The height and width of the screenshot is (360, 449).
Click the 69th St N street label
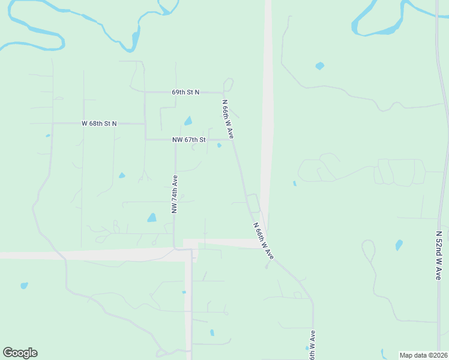click(x=185, y=92)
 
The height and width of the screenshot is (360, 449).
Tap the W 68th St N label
click(x=99, y=123)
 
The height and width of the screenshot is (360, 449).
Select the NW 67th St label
click(x=188, y=140)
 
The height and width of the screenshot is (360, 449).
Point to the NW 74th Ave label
click(x=174, y=194)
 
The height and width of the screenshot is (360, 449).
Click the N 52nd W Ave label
click(x=439, y=255)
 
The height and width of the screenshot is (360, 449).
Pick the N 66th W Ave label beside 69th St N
click(x=228, y=119)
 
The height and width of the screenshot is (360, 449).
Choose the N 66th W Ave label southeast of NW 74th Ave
click(x=264, y=241)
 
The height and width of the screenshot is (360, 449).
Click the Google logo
click(x=20, y=353)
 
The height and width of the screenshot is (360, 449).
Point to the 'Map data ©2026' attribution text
click(x=424, y=355)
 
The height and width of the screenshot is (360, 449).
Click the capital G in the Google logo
click(x=8, y=353)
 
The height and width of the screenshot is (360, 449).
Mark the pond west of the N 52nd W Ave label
click(x=399, y=245)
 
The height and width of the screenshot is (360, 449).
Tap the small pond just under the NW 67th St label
click(x=219, y=145)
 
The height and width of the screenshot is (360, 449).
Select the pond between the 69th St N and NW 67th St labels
click(x=188, y=121)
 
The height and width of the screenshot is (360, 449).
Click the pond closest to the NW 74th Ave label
click(x=152, y=218)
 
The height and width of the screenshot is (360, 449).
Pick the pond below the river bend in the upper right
click(x=319, y=66)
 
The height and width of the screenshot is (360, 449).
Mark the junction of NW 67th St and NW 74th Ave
click(x=175, y=140)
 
